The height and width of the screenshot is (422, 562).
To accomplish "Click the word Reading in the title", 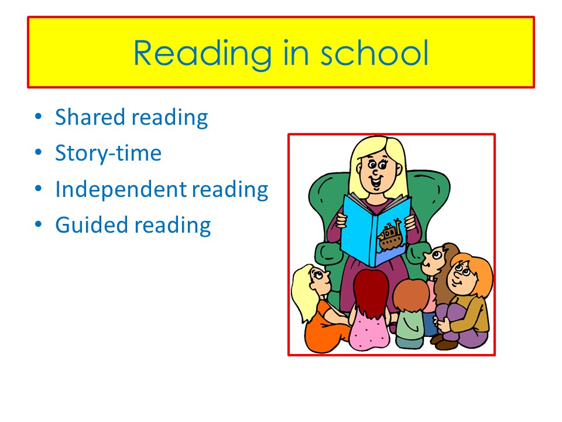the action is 203,54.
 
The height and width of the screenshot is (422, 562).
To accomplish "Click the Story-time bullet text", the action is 108,153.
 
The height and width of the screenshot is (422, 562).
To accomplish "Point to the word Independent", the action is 121,189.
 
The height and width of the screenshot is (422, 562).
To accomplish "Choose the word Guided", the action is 91,225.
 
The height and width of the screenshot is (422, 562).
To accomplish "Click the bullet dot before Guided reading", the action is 38,224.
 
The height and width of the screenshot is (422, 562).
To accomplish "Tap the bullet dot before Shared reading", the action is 38,116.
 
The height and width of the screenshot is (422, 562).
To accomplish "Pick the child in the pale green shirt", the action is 411,313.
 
